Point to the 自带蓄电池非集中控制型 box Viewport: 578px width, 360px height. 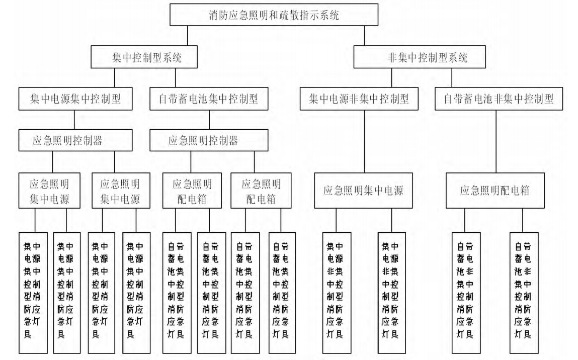497,100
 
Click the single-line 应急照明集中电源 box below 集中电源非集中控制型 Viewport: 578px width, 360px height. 364,191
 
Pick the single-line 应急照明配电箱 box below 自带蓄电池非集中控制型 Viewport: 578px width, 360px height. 497,191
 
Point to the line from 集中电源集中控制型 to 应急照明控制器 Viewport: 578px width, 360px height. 74,121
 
